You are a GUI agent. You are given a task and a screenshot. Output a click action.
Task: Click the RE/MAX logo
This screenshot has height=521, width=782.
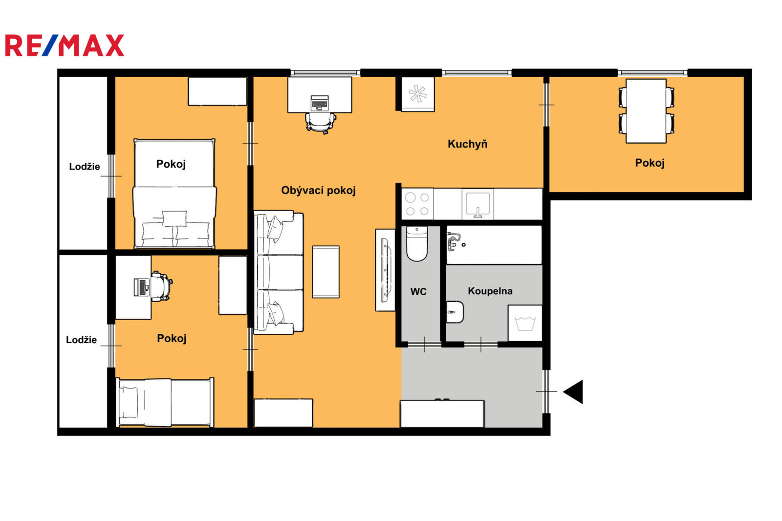[65, 45]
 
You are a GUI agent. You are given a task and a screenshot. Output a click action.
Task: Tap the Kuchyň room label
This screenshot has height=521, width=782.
[467, 144]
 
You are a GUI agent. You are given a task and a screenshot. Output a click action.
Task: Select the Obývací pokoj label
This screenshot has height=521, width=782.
[318, 191]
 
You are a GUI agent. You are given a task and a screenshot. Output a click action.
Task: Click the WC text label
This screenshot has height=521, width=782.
[418, 292]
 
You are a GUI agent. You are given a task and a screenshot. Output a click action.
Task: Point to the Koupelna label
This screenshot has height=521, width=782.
[490, 291]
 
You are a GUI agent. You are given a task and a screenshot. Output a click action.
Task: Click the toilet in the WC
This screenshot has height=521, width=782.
[417, 244]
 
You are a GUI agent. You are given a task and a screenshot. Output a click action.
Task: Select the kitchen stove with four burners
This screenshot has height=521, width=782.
[417, 204]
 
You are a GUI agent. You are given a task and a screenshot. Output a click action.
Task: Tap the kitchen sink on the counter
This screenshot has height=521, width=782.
[478, 204]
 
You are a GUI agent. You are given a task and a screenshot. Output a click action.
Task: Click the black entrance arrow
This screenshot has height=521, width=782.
[573, 392]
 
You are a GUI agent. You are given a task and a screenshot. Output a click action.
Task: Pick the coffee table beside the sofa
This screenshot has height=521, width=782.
[326, 272]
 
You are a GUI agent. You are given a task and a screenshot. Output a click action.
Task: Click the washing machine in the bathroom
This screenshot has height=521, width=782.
[525, 323]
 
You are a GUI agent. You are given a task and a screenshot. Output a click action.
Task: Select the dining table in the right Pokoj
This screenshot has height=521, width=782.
[646, 111]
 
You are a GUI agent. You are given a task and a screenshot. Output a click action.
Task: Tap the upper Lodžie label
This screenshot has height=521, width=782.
[85, 167]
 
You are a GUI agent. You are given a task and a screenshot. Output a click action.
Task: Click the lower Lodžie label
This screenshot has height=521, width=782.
[81, 340]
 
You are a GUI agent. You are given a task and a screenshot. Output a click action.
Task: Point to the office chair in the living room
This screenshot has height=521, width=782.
[321, 123]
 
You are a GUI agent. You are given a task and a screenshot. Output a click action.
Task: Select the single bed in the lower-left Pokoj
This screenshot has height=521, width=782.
[165, 402]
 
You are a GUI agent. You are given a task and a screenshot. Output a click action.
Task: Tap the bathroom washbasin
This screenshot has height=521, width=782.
[455, 312]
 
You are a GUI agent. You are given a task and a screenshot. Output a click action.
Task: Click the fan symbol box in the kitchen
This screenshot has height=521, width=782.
[418, 94]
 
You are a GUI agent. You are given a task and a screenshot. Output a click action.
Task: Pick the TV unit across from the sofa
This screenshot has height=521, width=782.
[386, 270]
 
